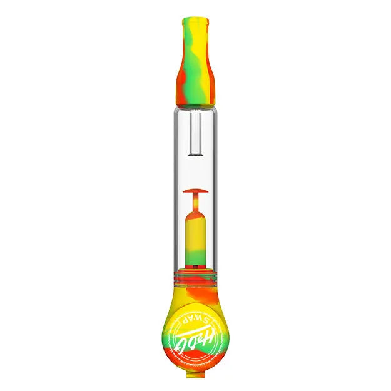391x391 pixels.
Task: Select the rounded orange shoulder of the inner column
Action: pos(195,216)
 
